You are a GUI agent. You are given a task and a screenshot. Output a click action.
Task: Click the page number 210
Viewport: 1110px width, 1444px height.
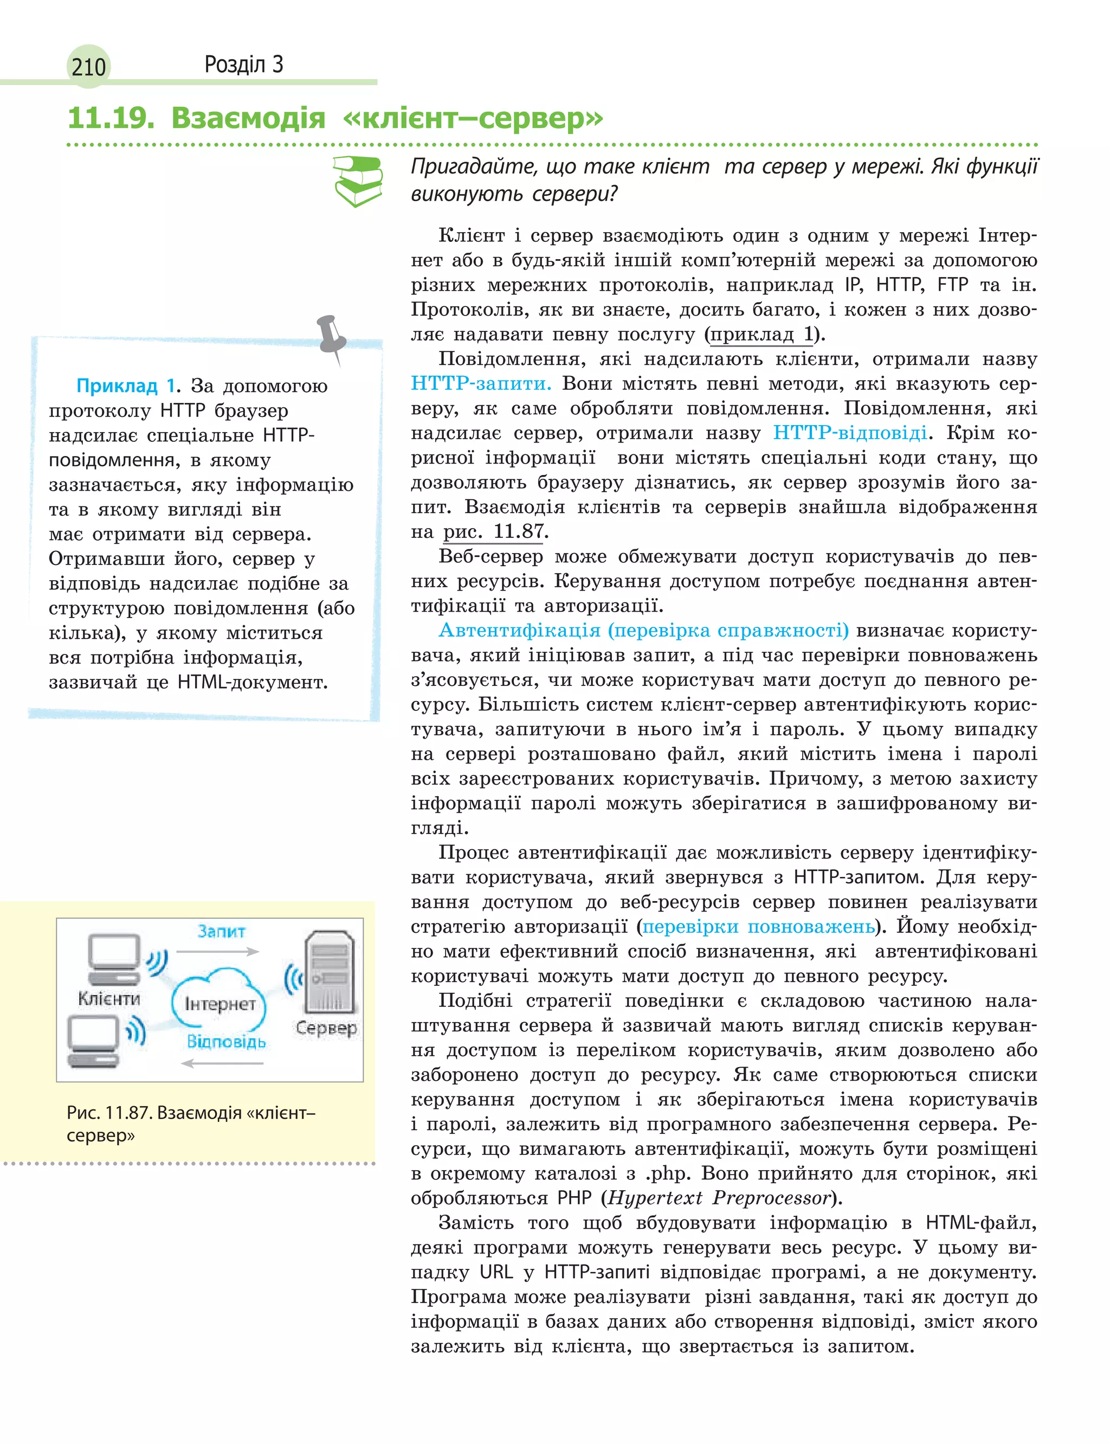88,67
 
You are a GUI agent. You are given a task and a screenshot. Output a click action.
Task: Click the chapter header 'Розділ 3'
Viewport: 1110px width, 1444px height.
243,64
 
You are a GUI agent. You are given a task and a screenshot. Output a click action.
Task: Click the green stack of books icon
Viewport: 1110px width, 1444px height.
358,181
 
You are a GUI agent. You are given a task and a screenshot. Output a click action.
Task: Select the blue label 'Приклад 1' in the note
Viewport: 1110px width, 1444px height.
126,386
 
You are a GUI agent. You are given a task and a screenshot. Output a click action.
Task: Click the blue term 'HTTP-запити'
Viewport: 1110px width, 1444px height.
480,383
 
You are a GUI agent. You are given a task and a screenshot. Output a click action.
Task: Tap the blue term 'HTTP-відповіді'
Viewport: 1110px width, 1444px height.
850,433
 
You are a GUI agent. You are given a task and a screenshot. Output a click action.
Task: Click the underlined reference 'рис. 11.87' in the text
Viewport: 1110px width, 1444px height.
494,531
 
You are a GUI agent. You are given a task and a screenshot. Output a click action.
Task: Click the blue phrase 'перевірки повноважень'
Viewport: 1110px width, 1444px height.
758,927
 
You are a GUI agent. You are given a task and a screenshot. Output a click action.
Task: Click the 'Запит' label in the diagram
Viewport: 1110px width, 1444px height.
221,932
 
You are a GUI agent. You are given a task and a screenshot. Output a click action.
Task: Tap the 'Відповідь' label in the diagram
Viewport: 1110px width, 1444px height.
226,1042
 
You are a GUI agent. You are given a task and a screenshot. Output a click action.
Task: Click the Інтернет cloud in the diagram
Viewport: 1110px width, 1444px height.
220,1003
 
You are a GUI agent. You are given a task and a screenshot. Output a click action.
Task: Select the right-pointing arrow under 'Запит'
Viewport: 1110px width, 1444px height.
218,952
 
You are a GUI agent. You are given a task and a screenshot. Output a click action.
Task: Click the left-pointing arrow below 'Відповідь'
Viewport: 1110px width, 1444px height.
222,1063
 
